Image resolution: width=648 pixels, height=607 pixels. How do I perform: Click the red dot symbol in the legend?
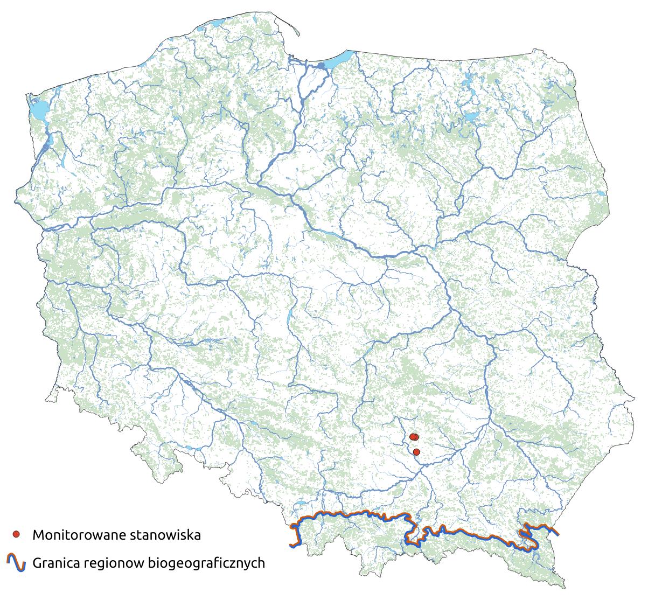pyautogui.click(x=16, y=534)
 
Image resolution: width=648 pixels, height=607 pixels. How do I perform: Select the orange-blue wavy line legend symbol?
pyautogui.click(x=16, y=562)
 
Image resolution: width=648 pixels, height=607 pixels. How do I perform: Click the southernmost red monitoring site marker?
pyautogui.click(x=416, y=452)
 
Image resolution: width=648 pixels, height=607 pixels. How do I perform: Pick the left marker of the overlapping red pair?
pyautogui.click(x=413, y=437)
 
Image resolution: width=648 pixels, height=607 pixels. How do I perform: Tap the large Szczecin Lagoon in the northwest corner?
pyautogui.click(x=38, y=111)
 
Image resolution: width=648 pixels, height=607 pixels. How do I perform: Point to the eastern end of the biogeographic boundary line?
pyautogui.click(x=558, y=534)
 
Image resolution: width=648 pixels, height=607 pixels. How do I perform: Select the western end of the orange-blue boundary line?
pyautogui.click(x=291, y=546)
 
